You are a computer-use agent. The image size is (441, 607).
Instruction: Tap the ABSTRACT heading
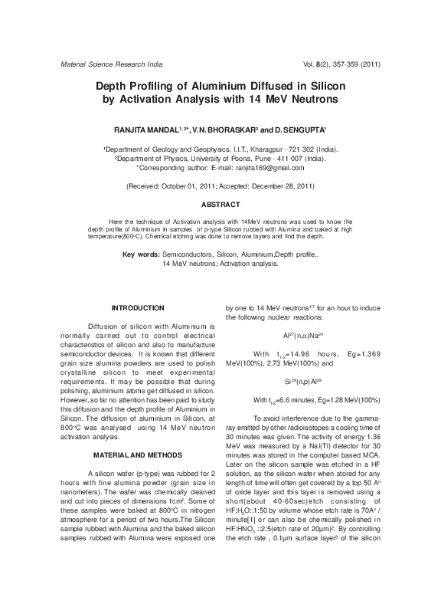point(220,205)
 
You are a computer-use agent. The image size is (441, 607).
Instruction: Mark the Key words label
point(142,253)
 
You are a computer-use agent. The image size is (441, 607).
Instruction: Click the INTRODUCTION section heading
point(138,307)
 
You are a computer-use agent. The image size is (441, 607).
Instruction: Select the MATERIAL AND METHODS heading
point(138,453)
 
